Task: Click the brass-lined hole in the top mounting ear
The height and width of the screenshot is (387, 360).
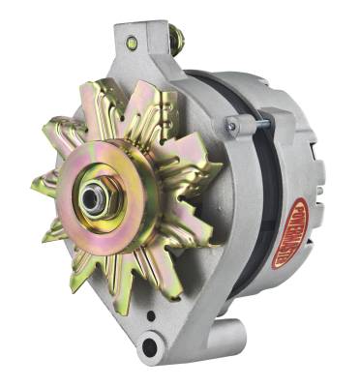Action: click(x=131, y=44)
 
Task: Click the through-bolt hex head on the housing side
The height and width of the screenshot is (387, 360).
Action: click(x=231, y=125)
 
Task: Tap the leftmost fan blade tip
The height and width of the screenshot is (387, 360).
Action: click(x=39, y=183)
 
